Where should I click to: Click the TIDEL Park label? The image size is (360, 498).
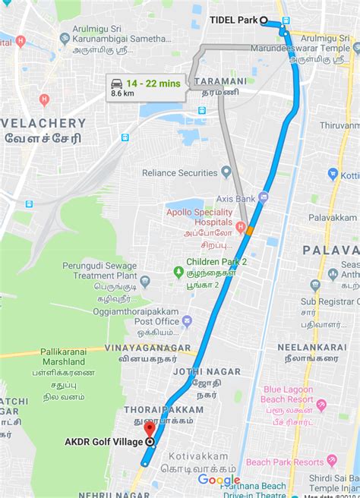[233, 20]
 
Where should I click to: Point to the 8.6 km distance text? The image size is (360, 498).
[123, 93]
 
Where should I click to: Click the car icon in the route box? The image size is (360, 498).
[117, 83]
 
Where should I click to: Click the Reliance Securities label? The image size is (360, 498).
[179, 173]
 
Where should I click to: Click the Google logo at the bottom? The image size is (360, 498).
[219, 480]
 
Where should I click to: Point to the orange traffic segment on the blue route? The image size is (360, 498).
[250, 229]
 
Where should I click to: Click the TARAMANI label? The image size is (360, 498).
[220, 80]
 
